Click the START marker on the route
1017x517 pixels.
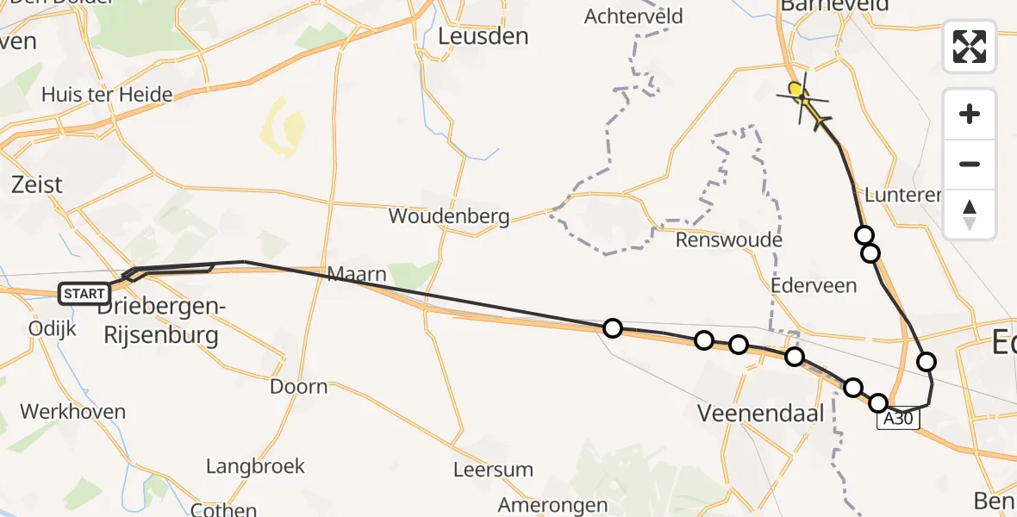pyautogui.click(x=84, y=294)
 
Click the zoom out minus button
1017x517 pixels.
pyautogui.click(x=970, y=164)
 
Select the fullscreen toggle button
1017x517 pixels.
pyautogui.click(x=970, y=47)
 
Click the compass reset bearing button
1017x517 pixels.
pyautogui.click(x=970, y=215)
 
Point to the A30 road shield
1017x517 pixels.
pyautogui.click(x=900, y=420)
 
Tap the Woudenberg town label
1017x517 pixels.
pyautogui.click(x=449, y=216)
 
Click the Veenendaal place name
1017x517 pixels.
pyautogui.click(x=760, y=413)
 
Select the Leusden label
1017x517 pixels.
pyautogui.click(x=483, y=36)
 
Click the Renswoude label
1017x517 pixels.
pyautogui.click(x=728, y=240)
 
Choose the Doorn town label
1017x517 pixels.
pyautogui.click(x=299, y=386)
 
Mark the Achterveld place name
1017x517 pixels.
pyautogui.click(x=633, y=16)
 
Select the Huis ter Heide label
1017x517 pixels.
pyautogui.click(x=107, y=95)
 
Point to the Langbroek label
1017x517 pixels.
pyautogui.click(x=255, y=466)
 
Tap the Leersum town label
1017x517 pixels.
pyautogui.click(x=493, y=470)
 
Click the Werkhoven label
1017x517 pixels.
pyautogui.click(x=72, y=411)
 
